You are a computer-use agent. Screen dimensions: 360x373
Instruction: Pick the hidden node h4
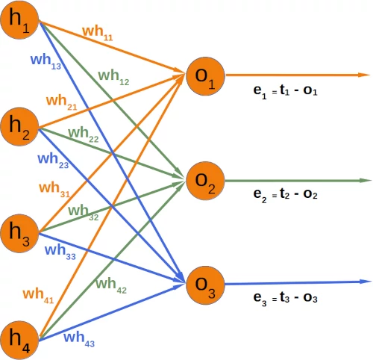point(20,339)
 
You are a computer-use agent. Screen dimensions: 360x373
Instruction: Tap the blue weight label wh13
point(46,62)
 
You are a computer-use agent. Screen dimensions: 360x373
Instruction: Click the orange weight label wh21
point(60,102)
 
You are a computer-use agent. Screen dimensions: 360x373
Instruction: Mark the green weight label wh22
point(83,135)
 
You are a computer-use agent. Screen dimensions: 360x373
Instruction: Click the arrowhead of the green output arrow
point(366,181)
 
